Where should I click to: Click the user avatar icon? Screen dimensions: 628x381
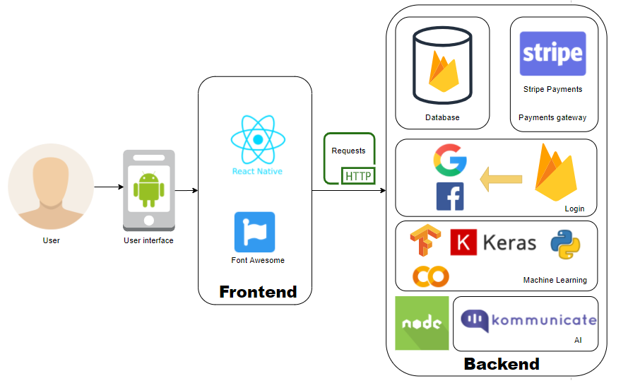point(51,187)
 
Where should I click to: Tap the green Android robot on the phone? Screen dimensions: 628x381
point(149,189)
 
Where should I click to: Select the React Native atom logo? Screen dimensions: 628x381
point(258,139)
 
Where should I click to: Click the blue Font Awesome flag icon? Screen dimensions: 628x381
point(255,232)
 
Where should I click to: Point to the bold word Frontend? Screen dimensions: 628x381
point(258,292)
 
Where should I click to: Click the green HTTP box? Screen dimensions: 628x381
point(358,176)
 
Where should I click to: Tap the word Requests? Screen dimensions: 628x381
point(348,151)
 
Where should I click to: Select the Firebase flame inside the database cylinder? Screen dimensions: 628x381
point(444,71)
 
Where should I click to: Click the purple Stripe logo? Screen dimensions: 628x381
point(552,54)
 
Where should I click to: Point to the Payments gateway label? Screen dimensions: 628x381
point(552,117)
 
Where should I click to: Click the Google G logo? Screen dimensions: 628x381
point(450,160)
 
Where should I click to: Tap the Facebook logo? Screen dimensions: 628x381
point(450,197)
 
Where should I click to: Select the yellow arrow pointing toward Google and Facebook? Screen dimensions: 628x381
point(501,179)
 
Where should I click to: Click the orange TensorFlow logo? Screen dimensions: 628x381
point(425,240)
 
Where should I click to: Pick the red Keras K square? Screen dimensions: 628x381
point(463,242)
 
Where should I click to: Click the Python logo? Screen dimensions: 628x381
point(565,245)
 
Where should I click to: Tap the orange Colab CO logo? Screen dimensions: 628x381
point(430,276)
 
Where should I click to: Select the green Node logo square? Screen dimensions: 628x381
point(422,323)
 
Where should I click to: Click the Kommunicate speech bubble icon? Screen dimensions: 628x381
point(475,320)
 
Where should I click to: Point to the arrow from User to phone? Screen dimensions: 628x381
point(109,187)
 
